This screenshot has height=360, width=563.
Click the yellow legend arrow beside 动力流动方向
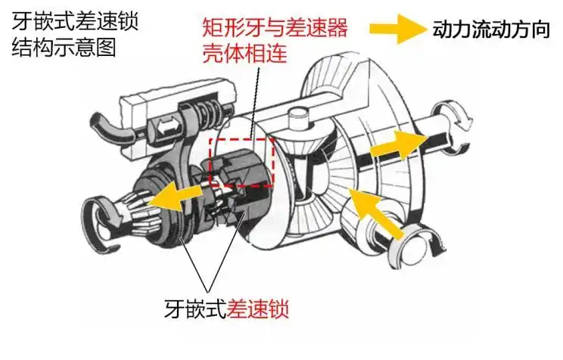(x=398, y=30)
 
